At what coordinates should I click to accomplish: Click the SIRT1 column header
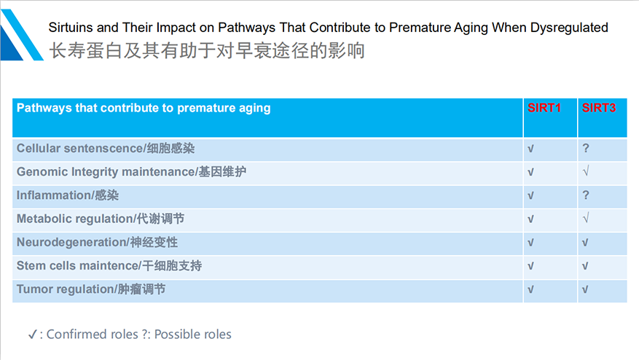(x=544, y=108)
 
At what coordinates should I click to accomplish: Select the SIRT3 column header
(x=599, y=108)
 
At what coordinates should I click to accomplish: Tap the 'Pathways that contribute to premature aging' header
(x=144, y=108)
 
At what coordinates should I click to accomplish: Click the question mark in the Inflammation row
(x=586, y=195)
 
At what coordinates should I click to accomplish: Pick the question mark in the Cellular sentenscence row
(x=586, y=148)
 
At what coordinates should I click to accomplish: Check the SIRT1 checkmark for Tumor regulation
(x=530, y=289)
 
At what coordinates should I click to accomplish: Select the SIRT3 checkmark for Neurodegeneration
(x=585, y=243)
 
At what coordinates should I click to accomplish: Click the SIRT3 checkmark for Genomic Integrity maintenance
(x=586, y=171)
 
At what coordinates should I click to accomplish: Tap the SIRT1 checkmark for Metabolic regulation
(x=530, y=219)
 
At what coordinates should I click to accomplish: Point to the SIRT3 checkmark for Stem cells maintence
(x=585, y=266)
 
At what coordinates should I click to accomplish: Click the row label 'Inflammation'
(x=54, y=195)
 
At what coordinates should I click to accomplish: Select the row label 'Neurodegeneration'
(x=71, y=242)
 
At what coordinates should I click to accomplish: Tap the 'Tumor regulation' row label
(x=65, y=289)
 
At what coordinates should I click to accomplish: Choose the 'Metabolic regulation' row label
(x=74, y=219)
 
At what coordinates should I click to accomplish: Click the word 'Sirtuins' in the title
(x=71, y=27)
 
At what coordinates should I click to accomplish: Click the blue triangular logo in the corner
(x=21, y=35)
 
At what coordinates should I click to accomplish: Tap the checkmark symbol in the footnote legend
(x=33, y=334)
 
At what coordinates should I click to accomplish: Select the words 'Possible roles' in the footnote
(x=193, y=334)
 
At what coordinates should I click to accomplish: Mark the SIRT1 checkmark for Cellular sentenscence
(x=530, y=149)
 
